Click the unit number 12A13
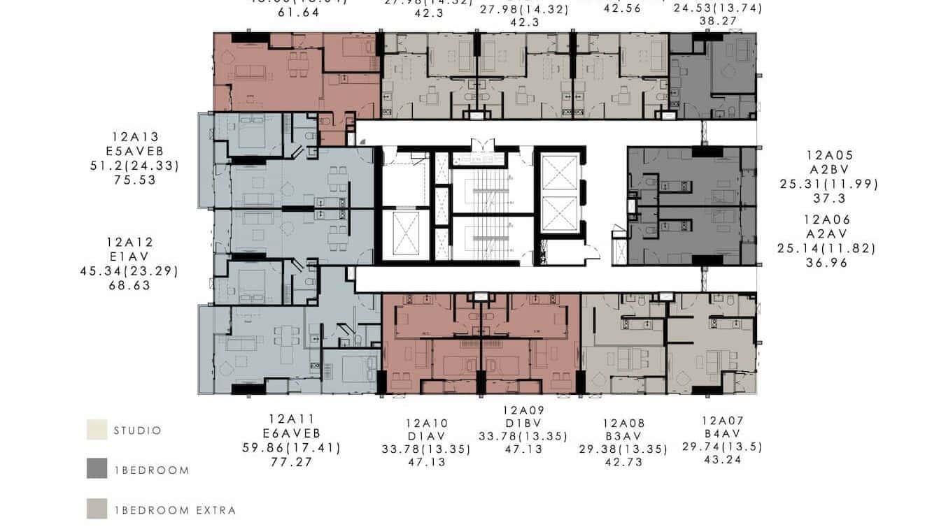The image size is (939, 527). (135, 137)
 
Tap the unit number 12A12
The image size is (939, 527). (130, 243)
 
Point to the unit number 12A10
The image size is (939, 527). (426, 423)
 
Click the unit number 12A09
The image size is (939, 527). (523, 410)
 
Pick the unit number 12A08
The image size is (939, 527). (624, 423)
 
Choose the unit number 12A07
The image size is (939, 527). (723, 421)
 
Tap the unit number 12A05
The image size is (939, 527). (829, 156)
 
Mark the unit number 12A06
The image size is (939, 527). (826, 219)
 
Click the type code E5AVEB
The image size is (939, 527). (135, 151)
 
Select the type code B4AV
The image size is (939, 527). (723, 434)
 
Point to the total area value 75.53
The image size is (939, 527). (135, 180)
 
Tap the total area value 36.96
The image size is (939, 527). (826, 263)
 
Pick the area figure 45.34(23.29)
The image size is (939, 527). (129, 271)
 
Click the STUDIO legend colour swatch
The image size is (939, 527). (97, 430)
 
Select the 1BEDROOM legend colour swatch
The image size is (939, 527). (97, 468)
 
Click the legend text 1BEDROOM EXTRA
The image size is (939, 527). (175, 510)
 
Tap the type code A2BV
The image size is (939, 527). (829, 170)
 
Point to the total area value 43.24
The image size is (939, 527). (723, 460)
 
